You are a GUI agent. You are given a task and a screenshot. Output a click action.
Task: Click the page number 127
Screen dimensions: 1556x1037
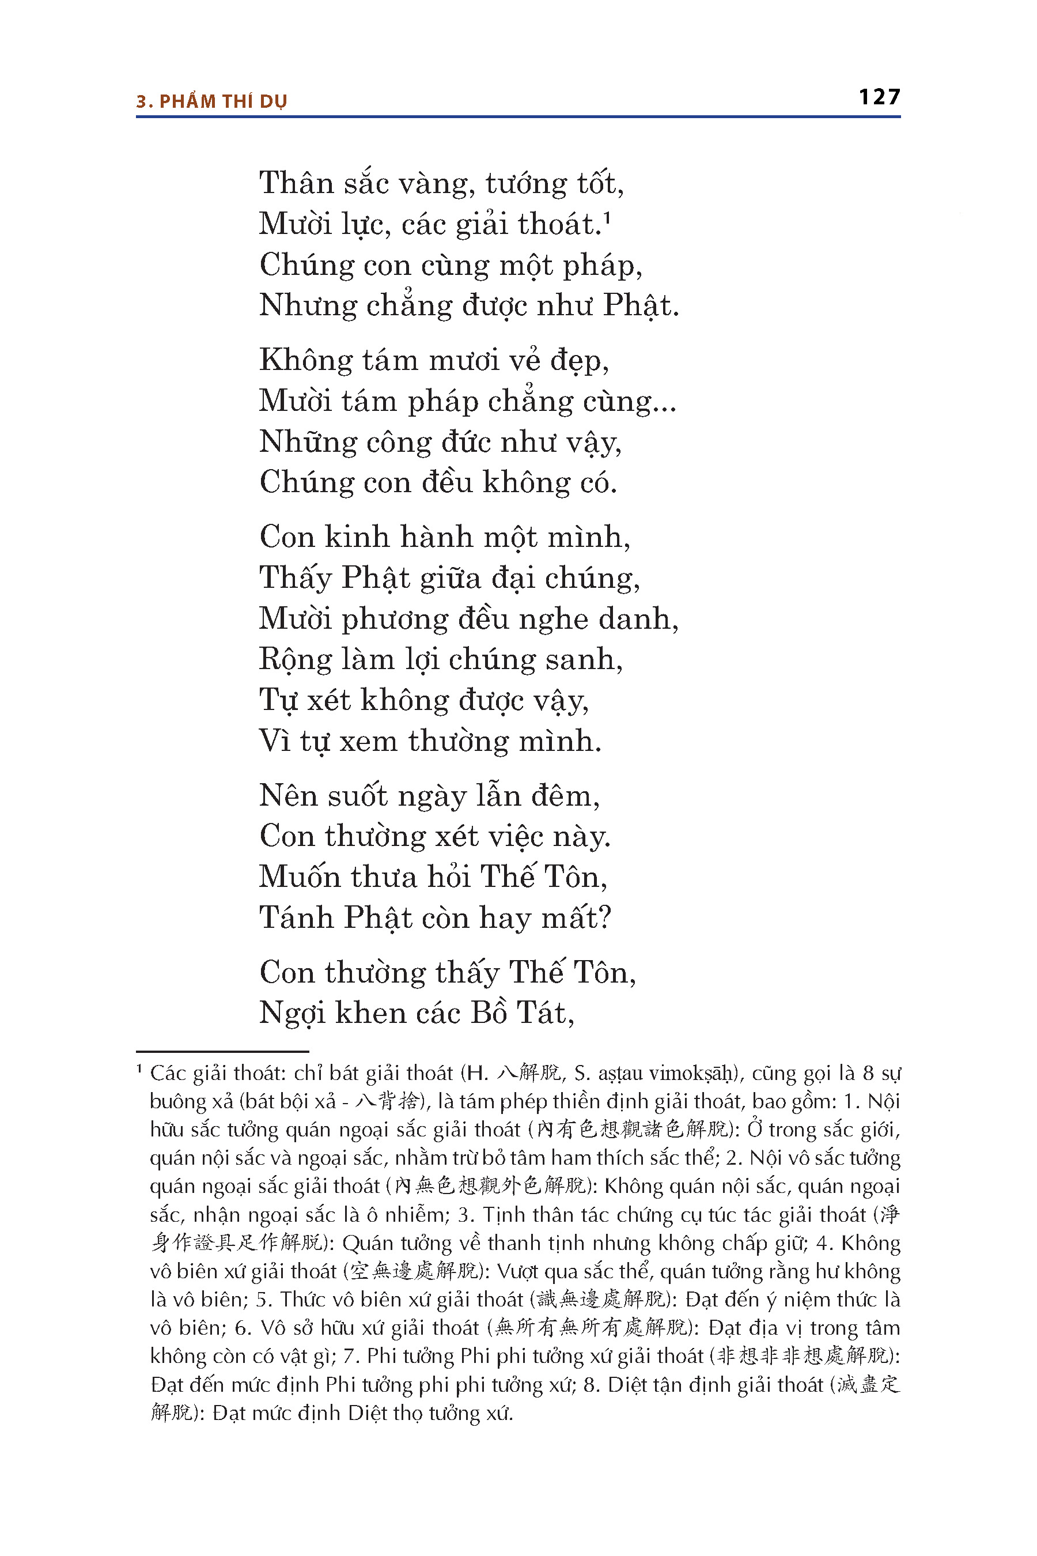pyautogui.click(x=879, y=97)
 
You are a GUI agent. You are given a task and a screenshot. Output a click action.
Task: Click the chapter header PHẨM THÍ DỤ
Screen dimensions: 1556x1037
pyautogui.click(x=223, y=102)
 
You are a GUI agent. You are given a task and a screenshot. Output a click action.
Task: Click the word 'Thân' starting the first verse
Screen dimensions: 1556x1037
pyautogui.click(x=296, y=183)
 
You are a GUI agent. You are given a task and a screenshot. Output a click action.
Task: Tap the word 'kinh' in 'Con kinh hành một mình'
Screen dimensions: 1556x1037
pyautogui.click(x=357, y=537)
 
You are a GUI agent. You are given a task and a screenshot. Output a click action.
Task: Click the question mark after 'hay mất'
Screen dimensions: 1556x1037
pyautogui.click(x=604, y=918)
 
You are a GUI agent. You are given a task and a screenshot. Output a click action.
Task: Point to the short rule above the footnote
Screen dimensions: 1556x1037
pyautogui.click(x=222, y=1051)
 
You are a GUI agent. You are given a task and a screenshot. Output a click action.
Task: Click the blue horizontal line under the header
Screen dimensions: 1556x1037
pyautogui.click(x=518, y=117)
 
